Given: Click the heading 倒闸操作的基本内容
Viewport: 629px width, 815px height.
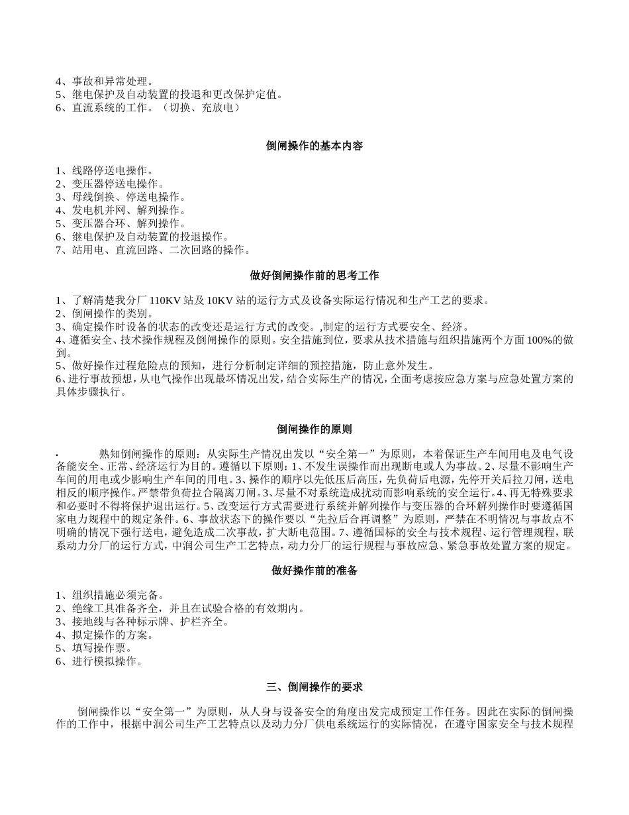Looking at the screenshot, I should click(314, 146).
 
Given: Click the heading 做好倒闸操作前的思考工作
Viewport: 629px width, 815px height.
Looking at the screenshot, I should click(314, 275).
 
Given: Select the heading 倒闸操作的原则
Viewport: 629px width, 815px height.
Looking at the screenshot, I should click(314, 429).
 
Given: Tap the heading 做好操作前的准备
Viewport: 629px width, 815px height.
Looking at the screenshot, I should click(314, 570).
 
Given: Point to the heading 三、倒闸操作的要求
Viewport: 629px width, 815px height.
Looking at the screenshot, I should click(314, 687).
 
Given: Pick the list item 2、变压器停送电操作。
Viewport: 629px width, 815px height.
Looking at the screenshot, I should click(110, 184).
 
